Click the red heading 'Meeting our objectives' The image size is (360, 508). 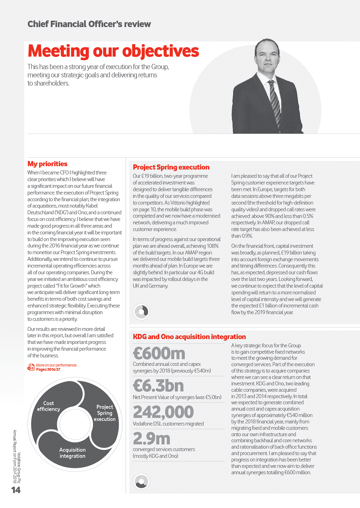click(113, 51)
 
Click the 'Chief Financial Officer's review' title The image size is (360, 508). click(89, 24)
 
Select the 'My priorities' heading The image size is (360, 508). click(47, 164)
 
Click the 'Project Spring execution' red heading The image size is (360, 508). click(171, 167)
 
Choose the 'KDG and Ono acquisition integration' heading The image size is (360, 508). click(189, 337)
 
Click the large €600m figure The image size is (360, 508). click(159, 353)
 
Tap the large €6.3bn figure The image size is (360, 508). click(158, 386)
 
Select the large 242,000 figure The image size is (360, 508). click(163, 412)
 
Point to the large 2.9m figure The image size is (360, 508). click(152, 439)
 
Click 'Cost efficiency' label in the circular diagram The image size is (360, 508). click(49, 406)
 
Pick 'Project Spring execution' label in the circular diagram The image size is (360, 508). click(105, 413)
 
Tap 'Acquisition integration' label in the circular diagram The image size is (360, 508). click(72, 453)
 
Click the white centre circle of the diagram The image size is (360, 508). click(75, 424)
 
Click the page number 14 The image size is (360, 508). click(16, 490)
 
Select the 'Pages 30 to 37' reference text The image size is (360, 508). click(48, 370)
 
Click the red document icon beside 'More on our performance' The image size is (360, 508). click(31, 367)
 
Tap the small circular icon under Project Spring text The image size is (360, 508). click(142, 311)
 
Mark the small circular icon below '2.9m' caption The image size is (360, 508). click(142, 481)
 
